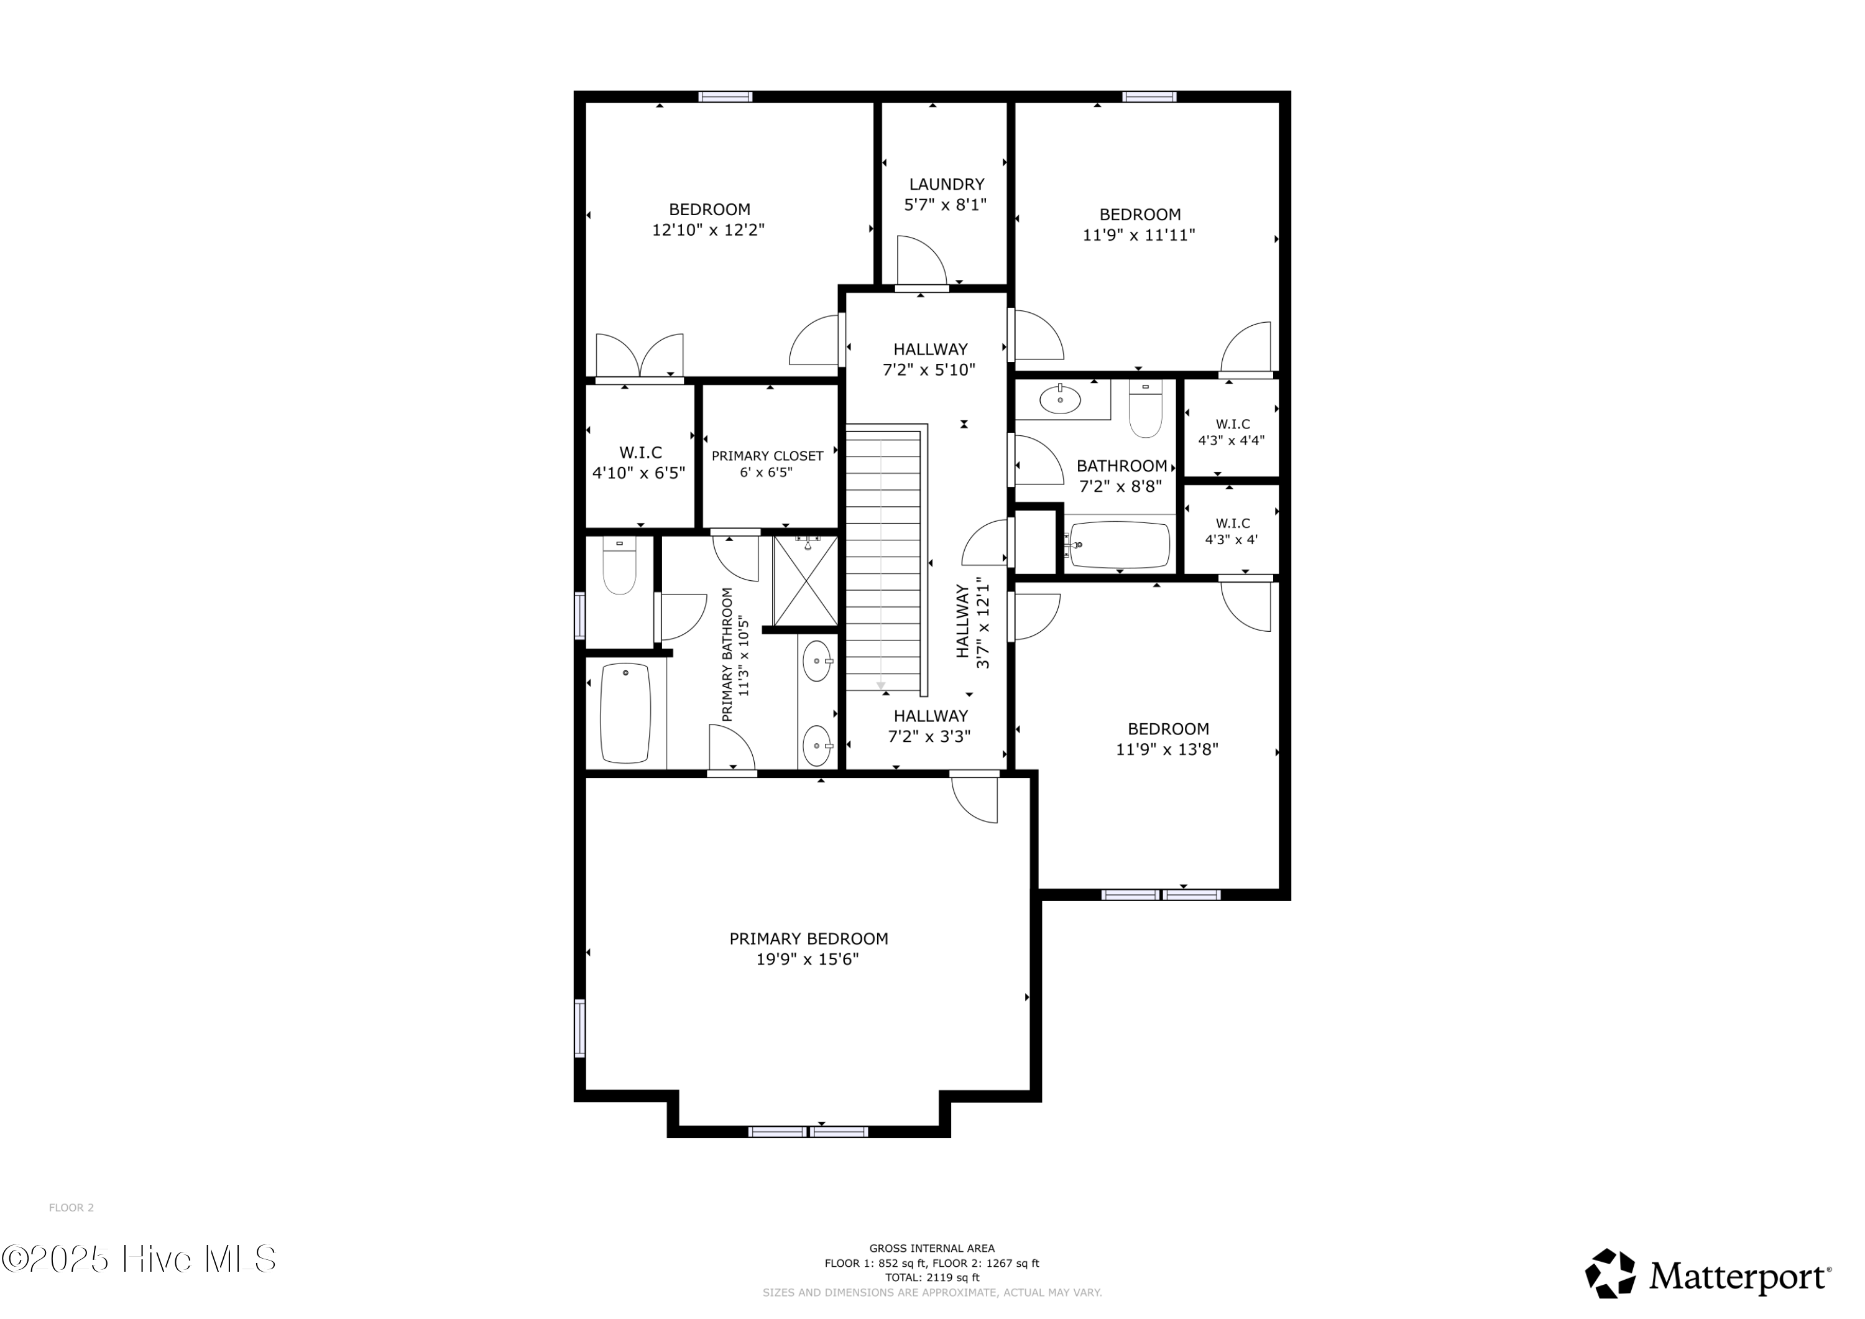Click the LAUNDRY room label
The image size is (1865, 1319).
[x=946, y=185]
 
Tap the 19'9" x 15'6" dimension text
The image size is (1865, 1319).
[x=808, y=960]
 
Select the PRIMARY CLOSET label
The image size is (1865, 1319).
[x=768, y=456]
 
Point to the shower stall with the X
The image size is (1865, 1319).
[x=805, y=580]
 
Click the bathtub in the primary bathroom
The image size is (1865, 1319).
[x=625, y=713]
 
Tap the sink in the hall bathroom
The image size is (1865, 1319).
[x=1060, y=400]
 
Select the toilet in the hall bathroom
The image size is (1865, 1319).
[x=1145, y=411]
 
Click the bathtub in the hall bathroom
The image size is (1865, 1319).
[x=1120, y=545]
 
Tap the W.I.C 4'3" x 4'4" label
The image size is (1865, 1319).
[x=1232, y=432]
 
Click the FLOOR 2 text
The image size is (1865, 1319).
[x=71, y=1208]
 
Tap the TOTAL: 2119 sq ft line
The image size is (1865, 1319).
[x=932, y=1277]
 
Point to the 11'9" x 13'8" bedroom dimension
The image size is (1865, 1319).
[x=1167, y=749]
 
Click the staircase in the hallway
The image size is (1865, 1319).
[x=884, y=561]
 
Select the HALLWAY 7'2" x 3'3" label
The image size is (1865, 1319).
[x=930, y=726]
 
